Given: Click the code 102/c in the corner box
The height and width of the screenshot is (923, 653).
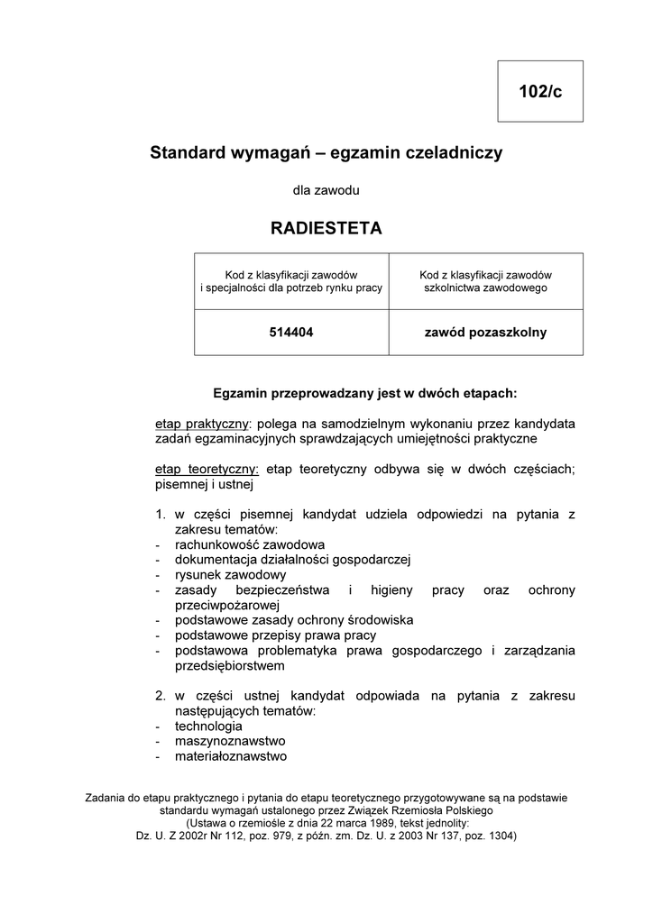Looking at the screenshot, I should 540,92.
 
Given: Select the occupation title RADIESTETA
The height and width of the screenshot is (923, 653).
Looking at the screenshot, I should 326,229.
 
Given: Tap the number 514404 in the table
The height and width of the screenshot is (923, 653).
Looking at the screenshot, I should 291,333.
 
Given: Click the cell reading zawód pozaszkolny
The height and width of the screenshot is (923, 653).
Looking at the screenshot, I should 485,333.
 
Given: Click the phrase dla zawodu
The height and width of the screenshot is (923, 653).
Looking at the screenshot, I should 326,190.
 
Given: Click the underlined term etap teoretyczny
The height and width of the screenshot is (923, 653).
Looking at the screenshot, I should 207,469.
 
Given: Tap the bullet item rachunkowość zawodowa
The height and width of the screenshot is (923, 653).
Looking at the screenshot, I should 250,544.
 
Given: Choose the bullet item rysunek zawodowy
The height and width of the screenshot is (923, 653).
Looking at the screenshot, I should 231,575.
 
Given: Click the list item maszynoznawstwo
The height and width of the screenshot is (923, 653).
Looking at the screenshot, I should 230,741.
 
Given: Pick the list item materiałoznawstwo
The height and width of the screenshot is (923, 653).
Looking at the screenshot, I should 231,756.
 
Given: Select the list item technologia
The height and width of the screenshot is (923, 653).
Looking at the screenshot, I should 208,726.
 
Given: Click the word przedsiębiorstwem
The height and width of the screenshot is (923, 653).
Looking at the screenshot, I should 230,666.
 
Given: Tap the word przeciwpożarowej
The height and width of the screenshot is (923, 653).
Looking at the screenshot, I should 228,605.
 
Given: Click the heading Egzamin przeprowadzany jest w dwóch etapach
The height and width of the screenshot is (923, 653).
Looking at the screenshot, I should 364,393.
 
